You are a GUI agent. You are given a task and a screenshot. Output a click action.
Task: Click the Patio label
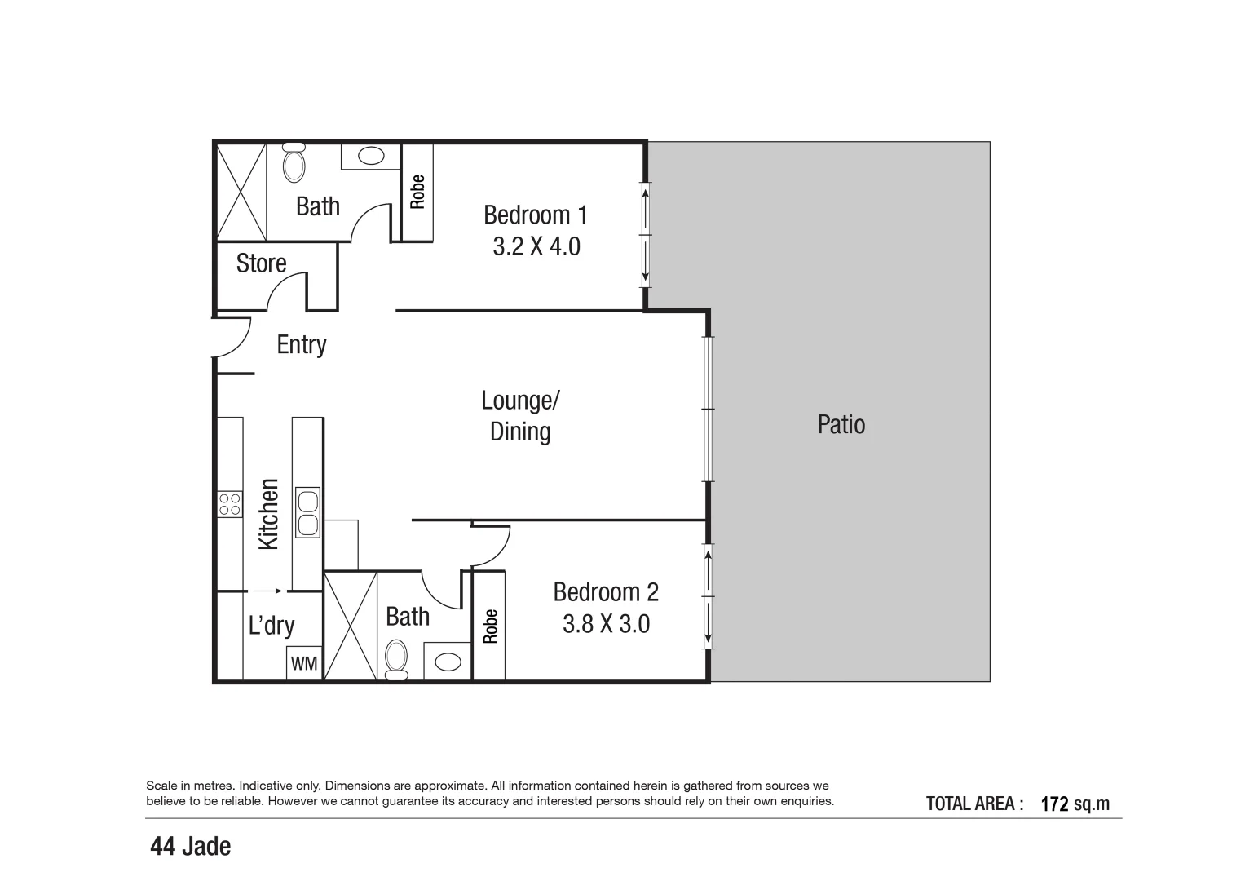[841, 424]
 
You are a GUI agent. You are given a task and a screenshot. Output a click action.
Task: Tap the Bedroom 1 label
[535, 215]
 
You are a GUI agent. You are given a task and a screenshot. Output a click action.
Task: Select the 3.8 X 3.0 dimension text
[606, 624]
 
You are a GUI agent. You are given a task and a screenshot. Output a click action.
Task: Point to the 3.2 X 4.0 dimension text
[536, 246]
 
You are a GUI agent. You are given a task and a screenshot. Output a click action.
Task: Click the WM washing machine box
[304, 663]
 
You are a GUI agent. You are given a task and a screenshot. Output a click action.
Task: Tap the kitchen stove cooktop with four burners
[230, 504]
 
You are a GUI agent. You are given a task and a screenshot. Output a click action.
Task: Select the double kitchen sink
[307, 512]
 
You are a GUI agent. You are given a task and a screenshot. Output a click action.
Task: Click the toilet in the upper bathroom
[294, 163]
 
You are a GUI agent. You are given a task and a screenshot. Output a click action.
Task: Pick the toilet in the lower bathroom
[396, 658]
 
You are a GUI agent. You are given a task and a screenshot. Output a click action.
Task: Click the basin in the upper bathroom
[371, 156]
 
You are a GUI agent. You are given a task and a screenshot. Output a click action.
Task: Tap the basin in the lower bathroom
[447, 662]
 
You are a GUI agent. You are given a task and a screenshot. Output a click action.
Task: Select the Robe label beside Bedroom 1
[417, 193]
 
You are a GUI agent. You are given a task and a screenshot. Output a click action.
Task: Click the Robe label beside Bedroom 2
[489, 626]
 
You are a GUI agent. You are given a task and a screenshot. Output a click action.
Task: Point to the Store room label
[261, 263]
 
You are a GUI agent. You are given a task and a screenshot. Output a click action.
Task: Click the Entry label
[301, 344]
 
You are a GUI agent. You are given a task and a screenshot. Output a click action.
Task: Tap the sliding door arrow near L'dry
[267, 591]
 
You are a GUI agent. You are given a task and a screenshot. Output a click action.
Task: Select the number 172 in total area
[1054, 804]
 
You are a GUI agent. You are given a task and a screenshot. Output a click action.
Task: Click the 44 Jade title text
[190, 847]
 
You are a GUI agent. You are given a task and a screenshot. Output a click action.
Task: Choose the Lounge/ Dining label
[520, 416]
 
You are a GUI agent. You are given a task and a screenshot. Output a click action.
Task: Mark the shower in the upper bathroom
[241, 192]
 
